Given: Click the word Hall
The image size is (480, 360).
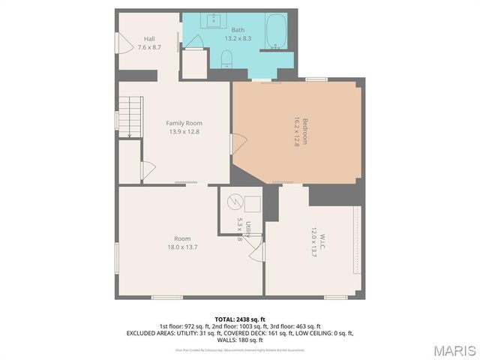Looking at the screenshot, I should click(149, 39).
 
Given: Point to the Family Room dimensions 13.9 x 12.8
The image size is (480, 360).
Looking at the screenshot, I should click(184, 132).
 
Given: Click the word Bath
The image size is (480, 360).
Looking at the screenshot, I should click(237, 30).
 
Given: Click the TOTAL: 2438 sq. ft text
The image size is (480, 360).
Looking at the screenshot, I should click(240, 319).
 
